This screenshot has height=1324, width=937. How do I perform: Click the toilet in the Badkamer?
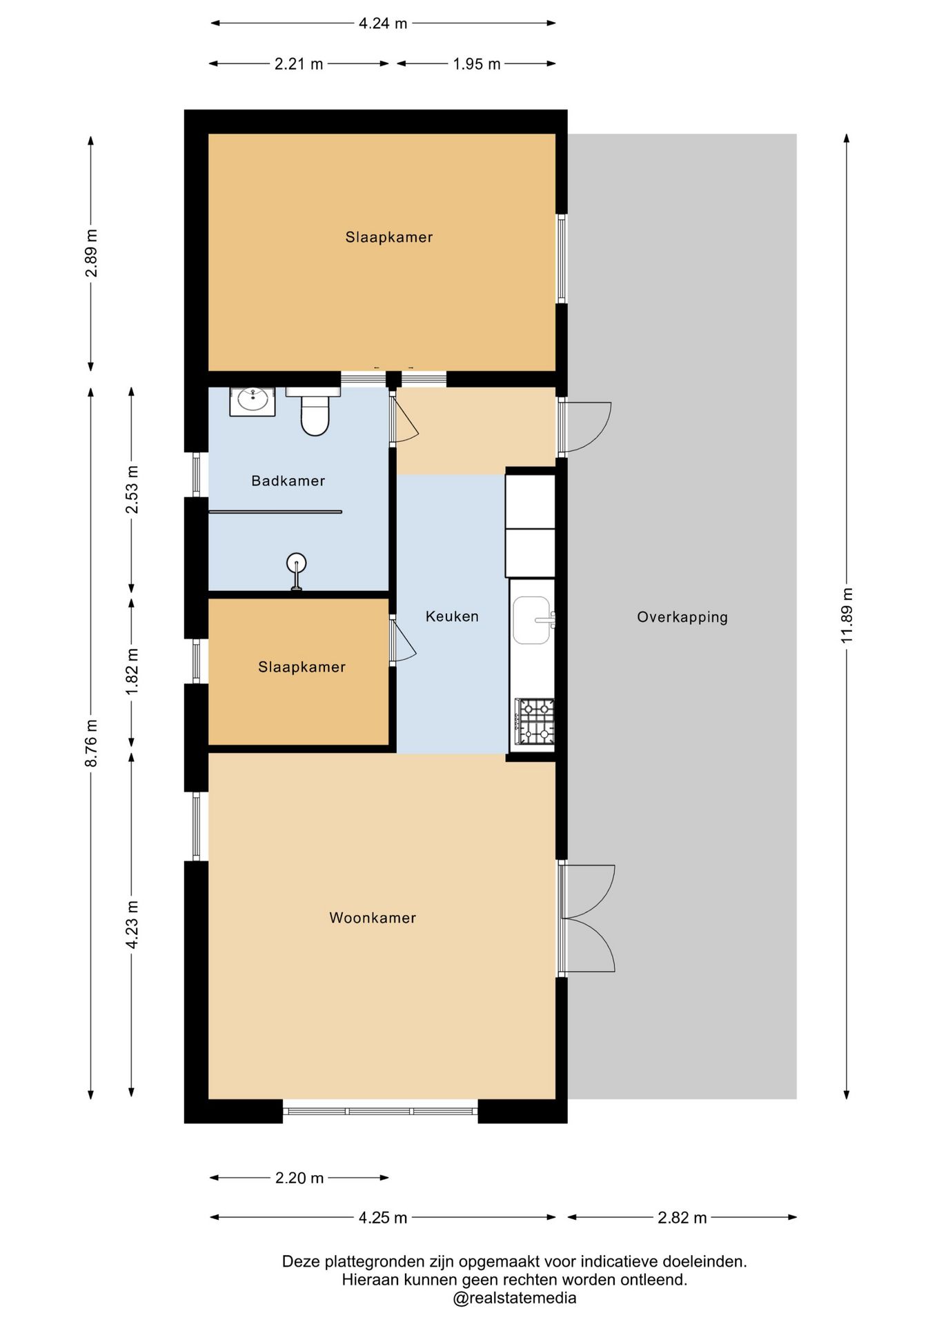point(314,412)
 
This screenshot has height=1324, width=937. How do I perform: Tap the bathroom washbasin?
point(252,401)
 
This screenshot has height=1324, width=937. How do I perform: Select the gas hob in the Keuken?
point(535,721)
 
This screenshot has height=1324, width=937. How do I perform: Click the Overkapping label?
point(682,617)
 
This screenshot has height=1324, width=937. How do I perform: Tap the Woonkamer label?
point(373,918)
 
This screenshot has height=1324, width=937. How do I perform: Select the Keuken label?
point(452,616)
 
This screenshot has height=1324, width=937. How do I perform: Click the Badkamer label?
point(288,481)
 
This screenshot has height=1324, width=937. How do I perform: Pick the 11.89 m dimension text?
point(847,616)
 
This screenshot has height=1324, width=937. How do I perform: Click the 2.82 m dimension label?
point(682,1218)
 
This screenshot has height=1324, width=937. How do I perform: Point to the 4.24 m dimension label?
point(383,23)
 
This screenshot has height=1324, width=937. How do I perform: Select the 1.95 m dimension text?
point(476,64)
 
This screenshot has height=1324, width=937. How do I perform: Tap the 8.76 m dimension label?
point(90,743)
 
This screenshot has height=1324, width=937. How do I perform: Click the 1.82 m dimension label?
point(131,671)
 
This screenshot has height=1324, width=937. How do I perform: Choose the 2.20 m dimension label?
point(299,1178)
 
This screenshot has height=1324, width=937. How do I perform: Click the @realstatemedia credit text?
point(514,1298)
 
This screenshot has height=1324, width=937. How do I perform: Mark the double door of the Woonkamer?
point(586,919)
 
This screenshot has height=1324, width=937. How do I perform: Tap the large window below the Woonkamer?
point(380,1111)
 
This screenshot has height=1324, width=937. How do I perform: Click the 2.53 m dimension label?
point(131,490)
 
